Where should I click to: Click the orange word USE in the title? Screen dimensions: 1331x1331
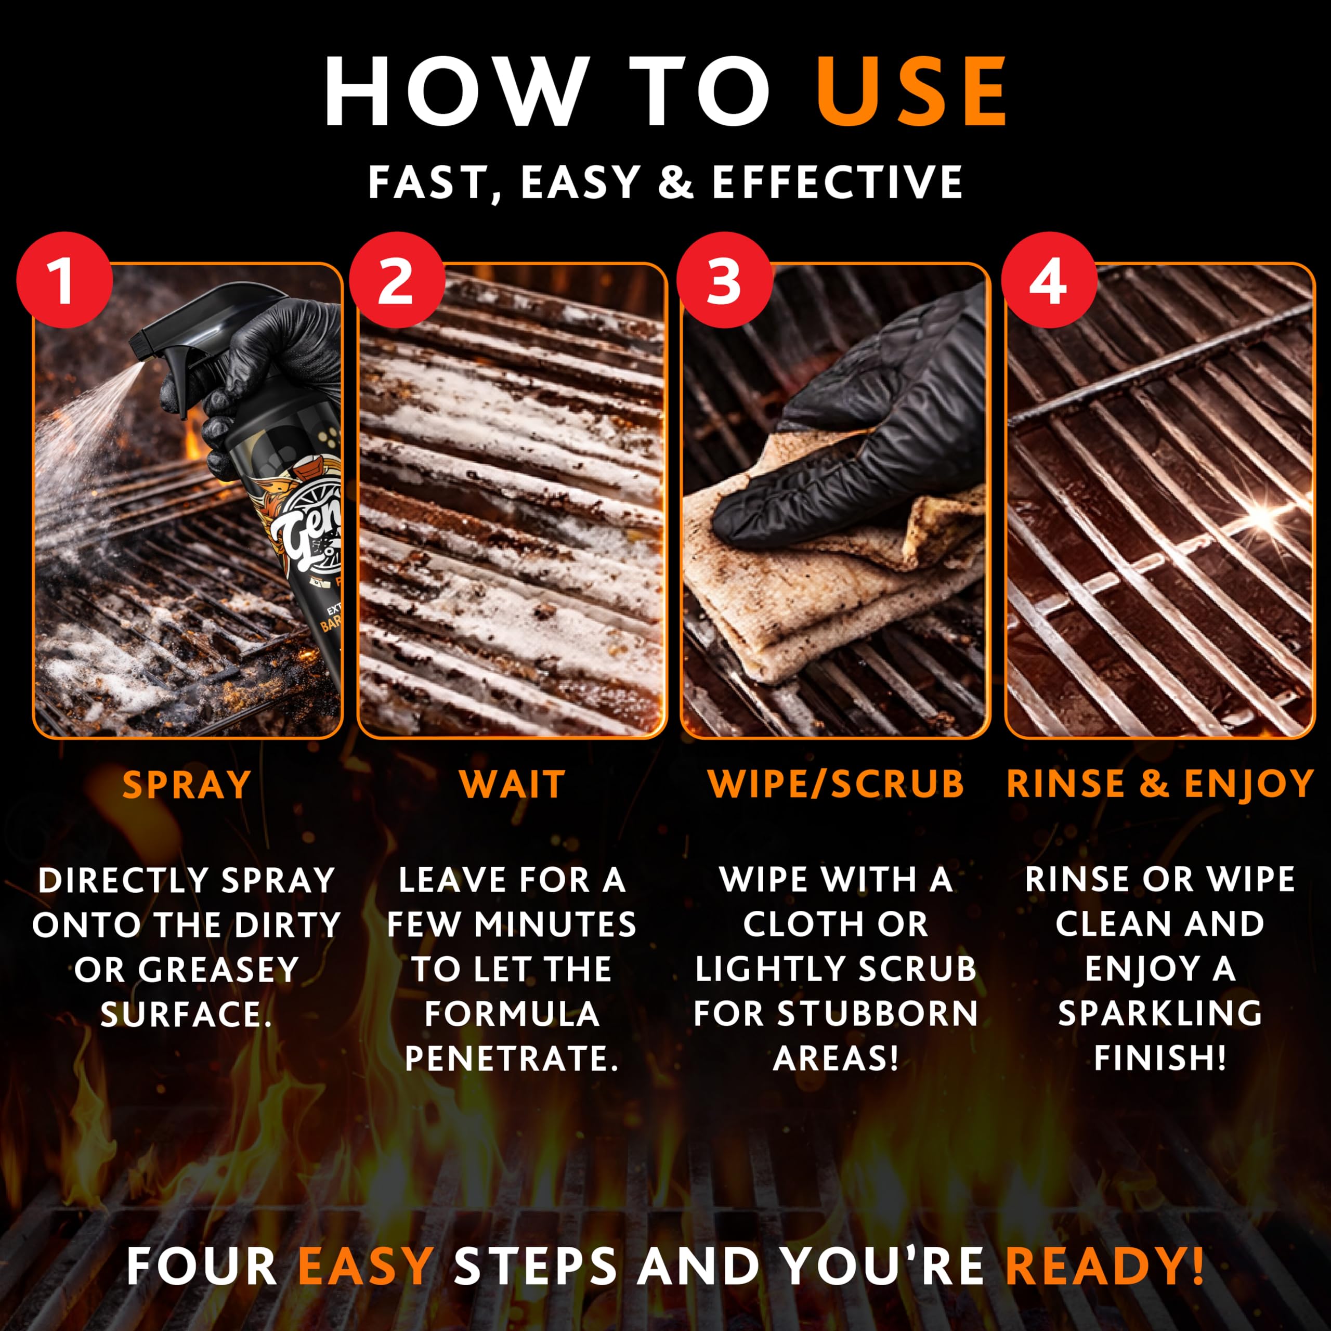[912, 92]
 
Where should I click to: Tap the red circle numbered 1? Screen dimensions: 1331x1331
[64, 280]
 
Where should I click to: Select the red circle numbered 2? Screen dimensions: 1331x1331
[396, 280]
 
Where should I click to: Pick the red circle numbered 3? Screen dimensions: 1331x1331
[723, 280]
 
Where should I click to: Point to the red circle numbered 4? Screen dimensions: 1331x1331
[1049, 280]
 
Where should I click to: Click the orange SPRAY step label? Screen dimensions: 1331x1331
[187, 785]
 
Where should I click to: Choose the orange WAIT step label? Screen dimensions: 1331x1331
[513, 784]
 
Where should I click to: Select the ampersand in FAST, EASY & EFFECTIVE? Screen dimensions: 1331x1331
[676, 182]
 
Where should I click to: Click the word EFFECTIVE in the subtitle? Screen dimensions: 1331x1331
[837, 182]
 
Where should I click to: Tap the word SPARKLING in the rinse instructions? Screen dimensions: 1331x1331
[1160, 1013]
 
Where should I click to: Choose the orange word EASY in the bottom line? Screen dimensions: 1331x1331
[365, 1267]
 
